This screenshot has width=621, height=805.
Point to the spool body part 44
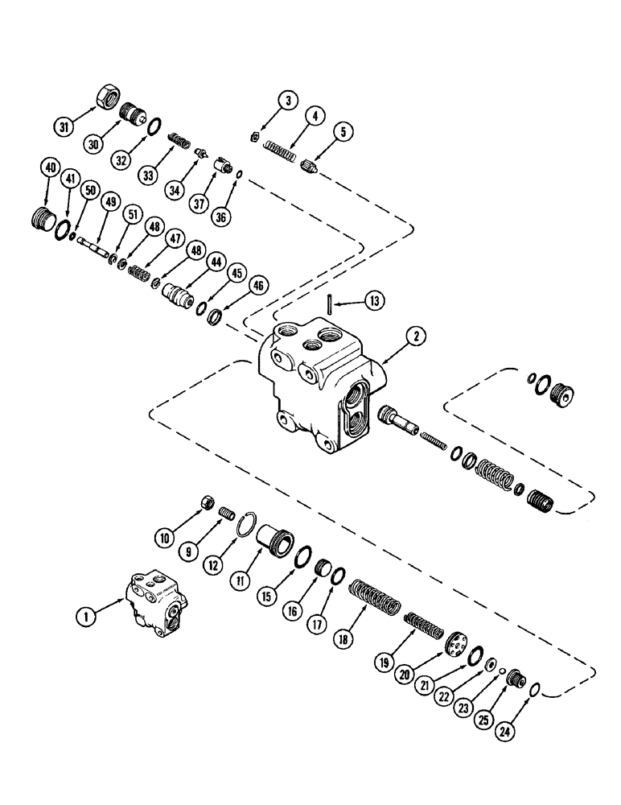179,292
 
